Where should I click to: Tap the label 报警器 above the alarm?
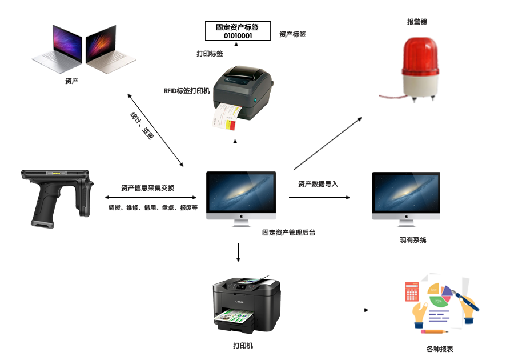coord(417,22)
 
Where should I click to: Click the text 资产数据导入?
coord(318,184)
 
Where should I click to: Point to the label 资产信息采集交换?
coord(148,188)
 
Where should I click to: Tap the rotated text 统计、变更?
coord(142,126)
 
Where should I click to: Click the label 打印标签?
coord(210,54)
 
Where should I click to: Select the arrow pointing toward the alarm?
coord(328,143)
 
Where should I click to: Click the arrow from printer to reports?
coord(338,310)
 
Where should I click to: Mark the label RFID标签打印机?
coord(187,90)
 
